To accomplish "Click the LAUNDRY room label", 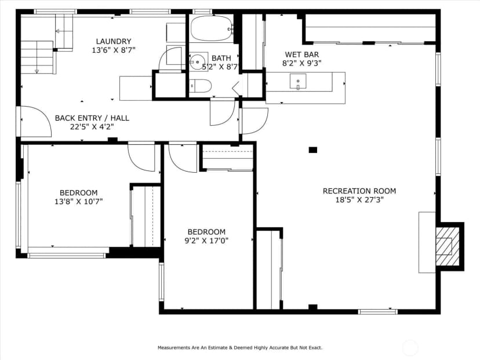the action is (x=114, y=41).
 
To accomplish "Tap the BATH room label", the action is (x=221, y=58).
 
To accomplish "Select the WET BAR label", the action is (x=302, y=54).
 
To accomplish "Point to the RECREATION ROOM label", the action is (x=359, y=191).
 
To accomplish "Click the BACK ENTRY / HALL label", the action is (x=92, y=118).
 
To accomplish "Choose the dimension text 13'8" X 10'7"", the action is (x=79, y=201).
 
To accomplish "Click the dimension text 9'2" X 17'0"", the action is (x=206, y=241).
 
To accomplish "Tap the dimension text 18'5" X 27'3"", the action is (x=359, y=200).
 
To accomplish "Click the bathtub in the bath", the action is (x=212, y=28).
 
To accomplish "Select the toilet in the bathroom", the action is (x=201, y=86).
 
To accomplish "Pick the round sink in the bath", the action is (x=197, y=61).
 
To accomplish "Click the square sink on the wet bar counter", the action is (x=298, y=81).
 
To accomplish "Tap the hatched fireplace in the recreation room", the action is (x=448, y=246).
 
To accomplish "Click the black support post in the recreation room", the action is (x=312, y=150).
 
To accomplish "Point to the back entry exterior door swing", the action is (x=36, y=121).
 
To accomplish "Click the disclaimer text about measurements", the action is (x=240, y=348).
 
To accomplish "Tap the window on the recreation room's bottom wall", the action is (x=378, y=312).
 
